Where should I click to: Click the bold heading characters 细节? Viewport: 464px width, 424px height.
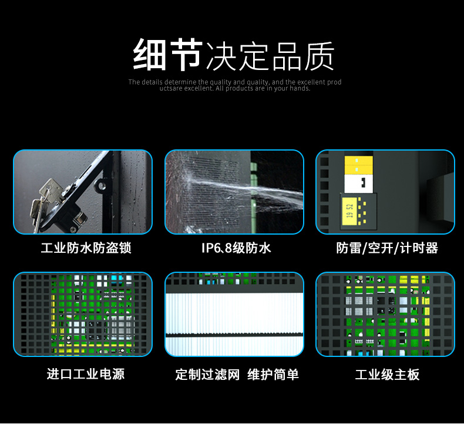coord(168,55)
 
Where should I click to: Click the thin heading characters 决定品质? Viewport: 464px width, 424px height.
coord(270,56)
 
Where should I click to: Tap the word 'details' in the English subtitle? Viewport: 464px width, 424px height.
coord(152,82)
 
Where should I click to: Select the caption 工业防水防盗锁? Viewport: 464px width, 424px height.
coord(86,248)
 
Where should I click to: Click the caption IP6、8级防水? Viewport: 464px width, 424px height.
coord(236,248)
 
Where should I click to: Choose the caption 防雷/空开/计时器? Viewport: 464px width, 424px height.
coord(387,248)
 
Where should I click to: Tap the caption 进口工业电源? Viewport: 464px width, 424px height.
coord(86,374)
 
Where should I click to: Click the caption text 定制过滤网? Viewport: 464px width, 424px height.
coord(207,374)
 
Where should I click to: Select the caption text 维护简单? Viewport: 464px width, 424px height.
coord(273,374)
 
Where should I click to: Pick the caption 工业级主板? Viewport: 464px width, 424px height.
coord(387,374)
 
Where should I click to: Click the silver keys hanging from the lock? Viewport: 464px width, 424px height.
coord(46,202)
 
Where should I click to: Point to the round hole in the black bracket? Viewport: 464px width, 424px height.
coord(102,186)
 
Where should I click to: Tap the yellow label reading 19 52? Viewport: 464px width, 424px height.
coord(350,211)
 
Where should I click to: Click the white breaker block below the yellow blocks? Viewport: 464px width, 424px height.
coord(359,183)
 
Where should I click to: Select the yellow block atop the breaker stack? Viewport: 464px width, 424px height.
coord(359,161)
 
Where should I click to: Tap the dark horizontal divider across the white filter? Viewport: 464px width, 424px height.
coord(234,335)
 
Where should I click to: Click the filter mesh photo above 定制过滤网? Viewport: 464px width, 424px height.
coord(234,314)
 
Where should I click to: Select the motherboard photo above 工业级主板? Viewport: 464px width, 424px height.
coord(385,314)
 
